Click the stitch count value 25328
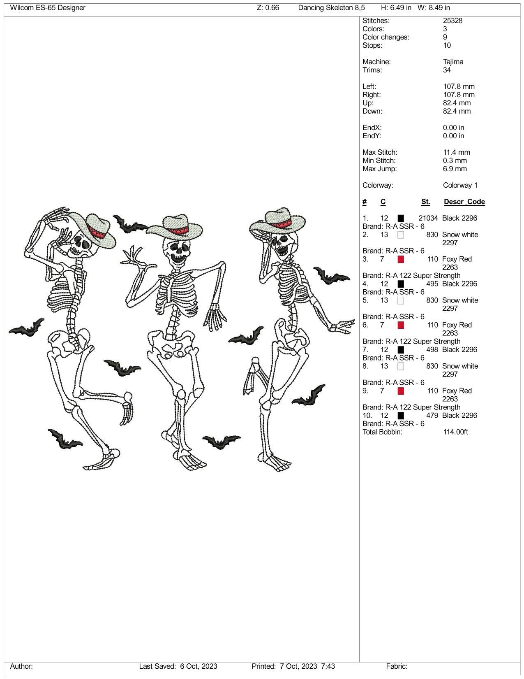click(452, 21)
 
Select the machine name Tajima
click(453, 62)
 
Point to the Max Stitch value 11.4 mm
click(456, 152)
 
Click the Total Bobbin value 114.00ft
click(455, 432)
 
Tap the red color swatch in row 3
click(401, 259)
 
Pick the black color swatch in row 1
click(401, 218)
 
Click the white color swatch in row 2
click(401, 235)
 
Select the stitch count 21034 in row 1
click(428, 218)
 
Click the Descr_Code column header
click(464, 202)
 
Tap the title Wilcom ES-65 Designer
click(48, 8)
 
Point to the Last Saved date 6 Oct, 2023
click(199, 666)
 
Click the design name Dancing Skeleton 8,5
click(331, 8)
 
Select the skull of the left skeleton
click(81, 245)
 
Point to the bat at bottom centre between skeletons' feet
click(221, 442)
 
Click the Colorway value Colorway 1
click(460, 185)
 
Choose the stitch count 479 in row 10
click(432, 416)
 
